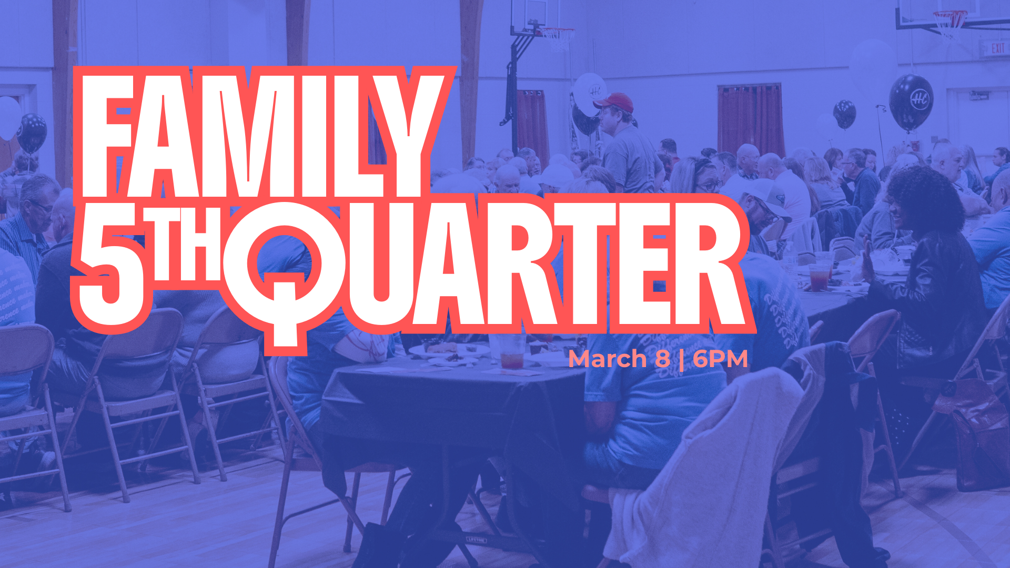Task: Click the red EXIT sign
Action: coord(997,49)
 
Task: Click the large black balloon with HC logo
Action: coord(911,102)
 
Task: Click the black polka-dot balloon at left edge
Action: coord(32,133)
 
